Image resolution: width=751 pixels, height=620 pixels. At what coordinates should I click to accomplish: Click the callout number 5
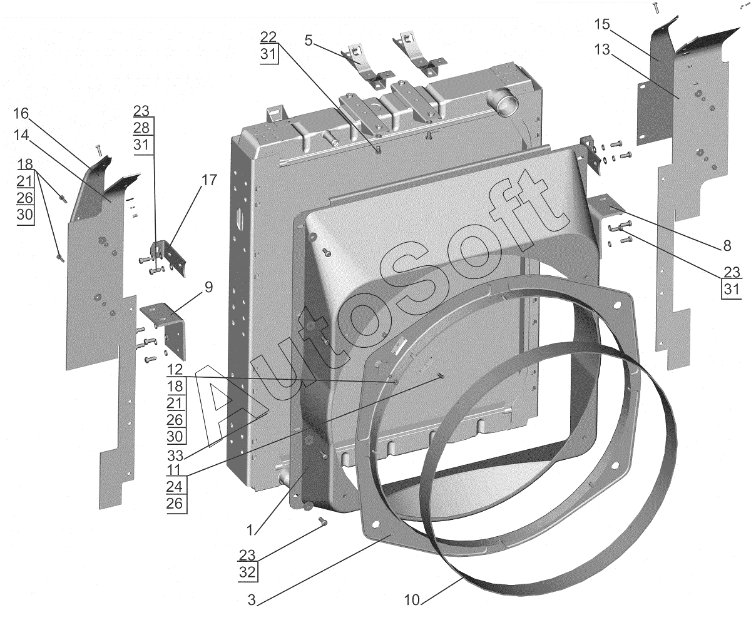pyautogui.click(x=309, y=41)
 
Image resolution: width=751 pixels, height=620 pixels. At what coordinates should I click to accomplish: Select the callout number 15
pyautogui.click(x=601, y=24)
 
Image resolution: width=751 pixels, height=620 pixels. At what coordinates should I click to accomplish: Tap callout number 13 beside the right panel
pyautogui.click(x=601, y=49)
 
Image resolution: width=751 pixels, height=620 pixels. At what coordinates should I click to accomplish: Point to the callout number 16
pyautogui.click(x=21, y=114)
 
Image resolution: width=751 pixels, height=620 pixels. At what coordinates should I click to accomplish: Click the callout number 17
pyautogui.click(x=209, y=180)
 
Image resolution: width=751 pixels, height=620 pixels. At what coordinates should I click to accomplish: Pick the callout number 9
pyautogui.click(x=208, y=287)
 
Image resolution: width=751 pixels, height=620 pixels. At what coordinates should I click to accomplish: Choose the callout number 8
pyautogui.click(x=727, y=246)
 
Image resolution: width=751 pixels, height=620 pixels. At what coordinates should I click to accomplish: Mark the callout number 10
pyautogui.click(x=412, y=600)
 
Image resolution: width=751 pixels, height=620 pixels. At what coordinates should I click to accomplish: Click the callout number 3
pyautogui.click(x=252, y=600)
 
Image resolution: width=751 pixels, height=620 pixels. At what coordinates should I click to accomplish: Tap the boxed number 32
pyautogui.click(x=247, y=572)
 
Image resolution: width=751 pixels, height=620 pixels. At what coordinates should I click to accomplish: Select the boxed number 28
pyautogui.click(x=141, y=128)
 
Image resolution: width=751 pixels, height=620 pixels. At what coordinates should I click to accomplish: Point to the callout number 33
pyautogui.click(x=175, y=456)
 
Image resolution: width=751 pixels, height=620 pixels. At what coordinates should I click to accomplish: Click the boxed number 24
pyautogui.click(x=175, y=487)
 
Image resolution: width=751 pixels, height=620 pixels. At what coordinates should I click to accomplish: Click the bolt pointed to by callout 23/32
pyautogui.click(x=322, y=521)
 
